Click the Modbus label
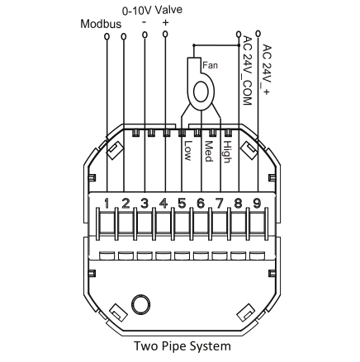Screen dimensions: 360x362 click(101, 24)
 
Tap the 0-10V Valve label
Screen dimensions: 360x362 click(152, 10)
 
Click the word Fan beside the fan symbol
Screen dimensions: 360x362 click(210, 65)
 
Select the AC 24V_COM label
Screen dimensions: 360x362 click(248, 71)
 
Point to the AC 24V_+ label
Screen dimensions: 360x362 click(266, 69)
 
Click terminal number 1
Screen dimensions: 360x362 click(107, 204)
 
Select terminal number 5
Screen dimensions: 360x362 click(182, 204)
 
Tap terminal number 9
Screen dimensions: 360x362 click(257, 204)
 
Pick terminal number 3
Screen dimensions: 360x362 click(144, 204)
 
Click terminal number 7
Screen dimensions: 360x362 click(220, 204)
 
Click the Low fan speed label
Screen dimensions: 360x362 click(187, 151)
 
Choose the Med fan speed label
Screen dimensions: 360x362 click(209, 151)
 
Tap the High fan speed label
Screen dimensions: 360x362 click(227, 152)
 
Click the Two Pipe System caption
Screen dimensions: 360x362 click(182, 346)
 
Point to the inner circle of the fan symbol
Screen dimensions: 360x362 click(201, 92)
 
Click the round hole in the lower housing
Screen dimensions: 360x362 click(141, 304)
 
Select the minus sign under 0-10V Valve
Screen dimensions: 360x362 click(144, 22)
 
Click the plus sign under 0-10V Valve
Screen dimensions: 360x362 click(165, 22)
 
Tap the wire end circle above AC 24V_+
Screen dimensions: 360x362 click(258, 34)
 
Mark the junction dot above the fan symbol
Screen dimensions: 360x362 click(194, 45)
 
